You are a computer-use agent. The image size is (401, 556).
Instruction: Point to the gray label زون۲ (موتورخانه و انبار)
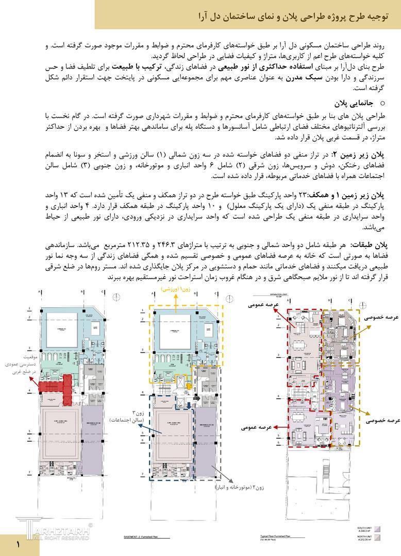tap(235, 486)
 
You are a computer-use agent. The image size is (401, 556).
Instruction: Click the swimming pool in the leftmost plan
tap(59, 330)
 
